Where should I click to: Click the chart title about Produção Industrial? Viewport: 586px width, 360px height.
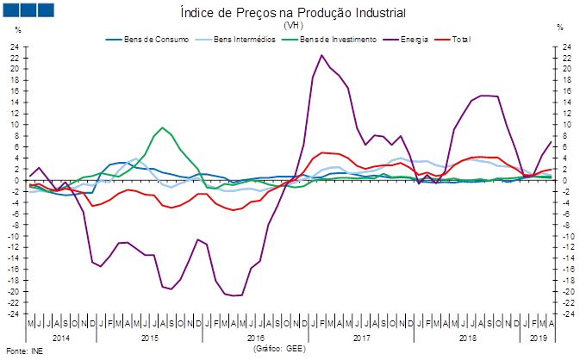(x=293, y=13)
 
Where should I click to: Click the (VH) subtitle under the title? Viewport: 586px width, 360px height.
(x=293, y=25)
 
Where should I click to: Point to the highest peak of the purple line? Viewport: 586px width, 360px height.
(x=322, y=56)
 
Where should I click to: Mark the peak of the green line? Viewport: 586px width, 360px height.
(x=163, y=127)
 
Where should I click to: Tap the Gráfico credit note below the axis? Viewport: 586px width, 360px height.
(x=278, y=349)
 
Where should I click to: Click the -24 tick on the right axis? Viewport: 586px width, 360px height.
(x=566, y=313)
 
